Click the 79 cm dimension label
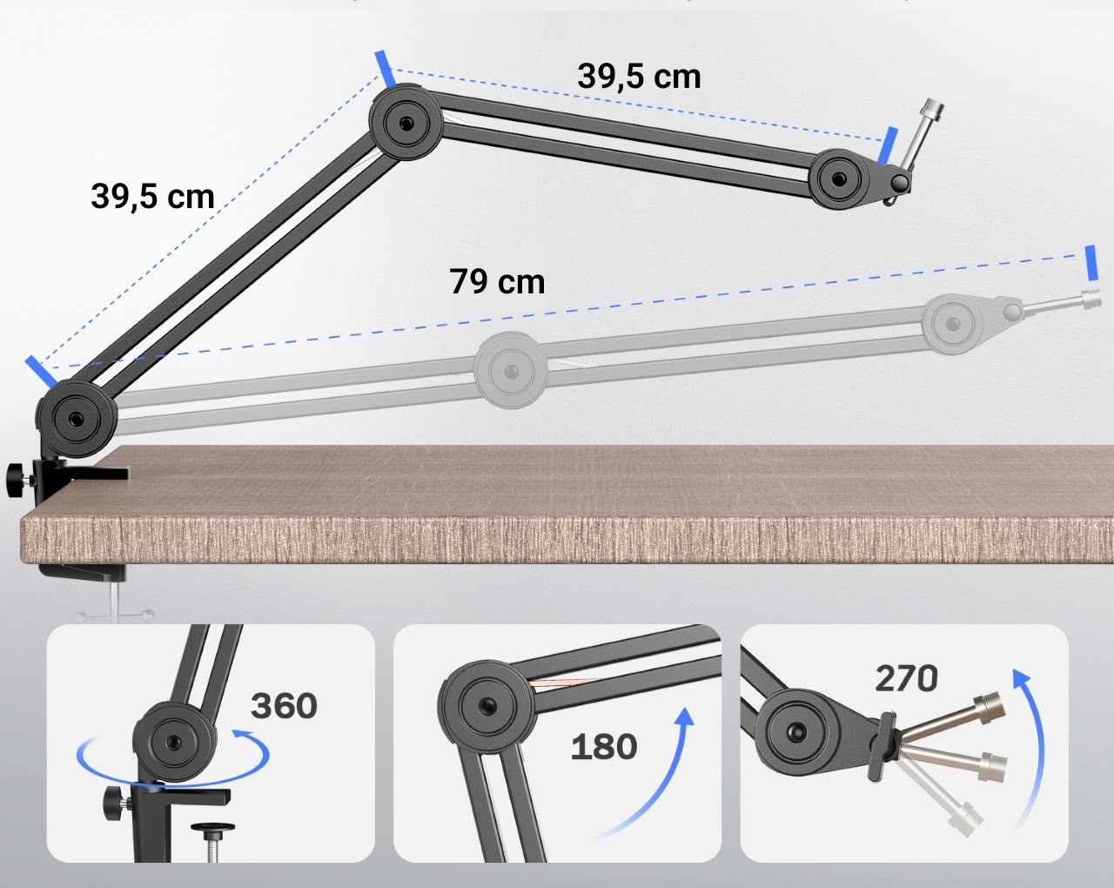(x=497, y=282)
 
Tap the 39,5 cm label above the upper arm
(x=639, y=76)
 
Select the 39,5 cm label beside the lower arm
(x=152, y=196)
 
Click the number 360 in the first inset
(x=284, y=705)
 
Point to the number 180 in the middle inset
(x=604, y=746)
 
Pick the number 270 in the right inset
(x=906, y=678)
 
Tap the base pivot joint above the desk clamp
(x=77, y=416)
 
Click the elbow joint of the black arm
(x=406, y=123)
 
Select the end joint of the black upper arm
(x=837, y=178)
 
